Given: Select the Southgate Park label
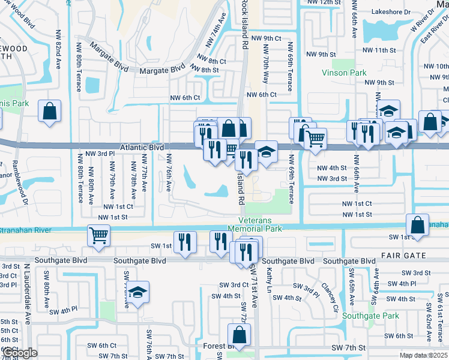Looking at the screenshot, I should [371, 316].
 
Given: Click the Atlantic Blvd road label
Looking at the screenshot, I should [142, 146].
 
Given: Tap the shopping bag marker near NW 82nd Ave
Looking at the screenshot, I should [49, 111].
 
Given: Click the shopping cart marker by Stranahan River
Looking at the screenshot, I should [98, 235].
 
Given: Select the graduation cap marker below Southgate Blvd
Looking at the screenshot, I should [138, 293].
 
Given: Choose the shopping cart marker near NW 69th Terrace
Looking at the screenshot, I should [315, 139].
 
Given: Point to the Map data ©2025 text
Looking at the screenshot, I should [424, 356].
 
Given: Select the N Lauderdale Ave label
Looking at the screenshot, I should [27, 293].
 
